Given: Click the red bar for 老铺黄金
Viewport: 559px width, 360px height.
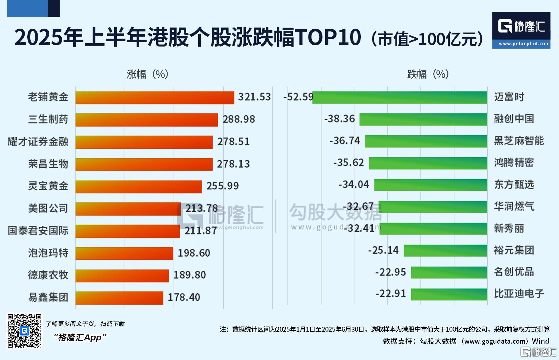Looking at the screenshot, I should coord(155,98).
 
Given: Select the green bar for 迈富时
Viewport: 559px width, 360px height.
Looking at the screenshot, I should coord(399,97).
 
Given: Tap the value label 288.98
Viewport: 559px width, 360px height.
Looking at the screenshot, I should coord(239,119).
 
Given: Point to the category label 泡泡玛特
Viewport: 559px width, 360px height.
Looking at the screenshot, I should coord(48,253).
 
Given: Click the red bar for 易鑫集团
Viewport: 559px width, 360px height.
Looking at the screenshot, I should coord(119,298).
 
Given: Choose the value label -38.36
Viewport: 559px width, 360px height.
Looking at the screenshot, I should coord(339,119).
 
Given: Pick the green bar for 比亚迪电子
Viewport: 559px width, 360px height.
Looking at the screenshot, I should coord(449,294).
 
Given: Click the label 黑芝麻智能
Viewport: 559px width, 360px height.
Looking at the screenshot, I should coord(519,141).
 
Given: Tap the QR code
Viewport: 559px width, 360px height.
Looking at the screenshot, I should coord(25,331).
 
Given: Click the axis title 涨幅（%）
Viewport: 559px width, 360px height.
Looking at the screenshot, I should coord(147,74).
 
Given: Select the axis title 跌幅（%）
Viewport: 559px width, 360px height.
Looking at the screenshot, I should coord(428,74).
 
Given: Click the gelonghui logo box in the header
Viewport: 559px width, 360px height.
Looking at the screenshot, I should coord(521,30).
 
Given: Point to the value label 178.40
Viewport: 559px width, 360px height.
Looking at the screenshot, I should coord(184,297).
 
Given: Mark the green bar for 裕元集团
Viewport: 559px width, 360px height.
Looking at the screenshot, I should coord(445,250).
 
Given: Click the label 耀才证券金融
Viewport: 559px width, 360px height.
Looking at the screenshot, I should coord(38,142).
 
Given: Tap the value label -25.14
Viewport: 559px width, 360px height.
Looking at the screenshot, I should coord(383,250).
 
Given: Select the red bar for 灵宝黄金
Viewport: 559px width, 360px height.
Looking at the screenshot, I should coord(138,186).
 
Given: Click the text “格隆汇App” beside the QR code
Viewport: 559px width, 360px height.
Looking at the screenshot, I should coord(80,337).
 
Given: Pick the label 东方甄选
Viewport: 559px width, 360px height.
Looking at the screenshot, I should coord(514,184).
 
